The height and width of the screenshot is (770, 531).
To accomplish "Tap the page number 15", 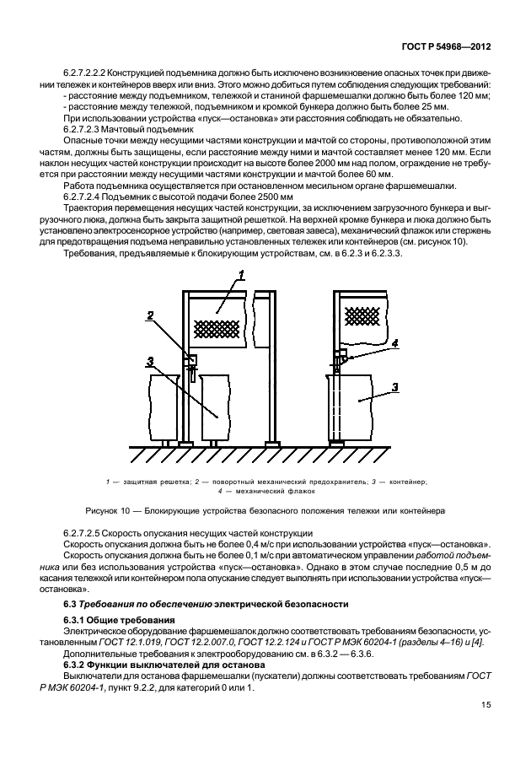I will (486, 705).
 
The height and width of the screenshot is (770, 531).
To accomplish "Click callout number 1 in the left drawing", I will (241, 275).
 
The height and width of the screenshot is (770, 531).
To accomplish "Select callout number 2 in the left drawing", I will (150, 315).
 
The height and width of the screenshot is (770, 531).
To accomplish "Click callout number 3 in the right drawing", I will (394, 387).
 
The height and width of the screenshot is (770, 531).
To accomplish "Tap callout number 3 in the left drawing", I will (149, 360).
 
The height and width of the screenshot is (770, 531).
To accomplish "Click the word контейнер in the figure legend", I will (407, 482).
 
